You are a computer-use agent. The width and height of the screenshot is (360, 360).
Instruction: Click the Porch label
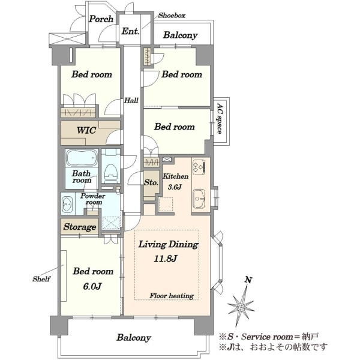click(x=101, y=19)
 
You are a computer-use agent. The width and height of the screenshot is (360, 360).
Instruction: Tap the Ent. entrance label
click(x=130, y=31)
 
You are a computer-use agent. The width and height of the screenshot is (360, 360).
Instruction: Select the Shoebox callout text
click(x=172, y=16)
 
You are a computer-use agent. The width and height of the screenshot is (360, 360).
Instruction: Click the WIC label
click(x=86, y=130)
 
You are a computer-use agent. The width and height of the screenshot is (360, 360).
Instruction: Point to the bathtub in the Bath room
click(x=82, y=158)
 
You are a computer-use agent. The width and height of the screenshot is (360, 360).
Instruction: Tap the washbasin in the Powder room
click(x=67, y=204)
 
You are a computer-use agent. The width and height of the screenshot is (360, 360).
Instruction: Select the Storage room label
click(x=80, y=227)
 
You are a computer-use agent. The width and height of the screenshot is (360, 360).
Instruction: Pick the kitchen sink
click(x=199, y=199)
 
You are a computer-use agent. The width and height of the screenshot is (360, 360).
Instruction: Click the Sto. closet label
click(x=151, y=182)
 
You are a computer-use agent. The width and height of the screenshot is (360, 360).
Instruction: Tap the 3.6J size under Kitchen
click(x=175, y=187)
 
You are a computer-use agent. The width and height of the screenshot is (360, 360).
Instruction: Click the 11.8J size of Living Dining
click(x=166, y=259)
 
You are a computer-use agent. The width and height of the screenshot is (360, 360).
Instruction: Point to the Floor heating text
click(x=172, y=296)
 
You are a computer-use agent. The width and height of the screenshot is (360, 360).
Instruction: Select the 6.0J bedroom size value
click(x=92, y=286)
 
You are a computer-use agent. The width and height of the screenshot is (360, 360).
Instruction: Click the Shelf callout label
click(x=41, y=279)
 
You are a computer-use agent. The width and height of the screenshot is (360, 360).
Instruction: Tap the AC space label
click(x=220, y=118)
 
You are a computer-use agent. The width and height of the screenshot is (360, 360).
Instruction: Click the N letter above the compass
click(x=248, y=280)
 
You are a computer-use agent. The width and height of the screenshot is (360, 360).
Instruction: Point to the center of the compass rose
click(x=241, y=307)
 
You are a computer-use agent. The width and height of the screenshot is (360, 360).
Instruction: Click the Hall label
click(x=131, y=100)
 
